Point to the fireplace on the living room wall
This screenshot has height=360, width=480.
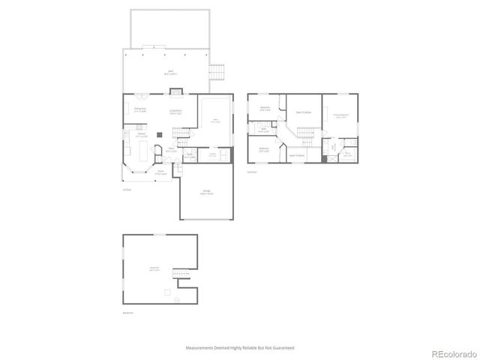click(176, 93)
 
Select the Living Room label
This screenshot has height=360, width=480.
click(176, 113)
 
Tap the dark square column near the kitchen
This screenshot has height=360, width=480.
click(159, 134)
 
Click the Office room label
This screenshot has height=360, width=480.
click(215, 121)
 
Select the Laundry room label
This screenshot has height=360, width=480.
click(212, 155)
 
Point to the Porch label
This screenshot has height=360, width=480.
click(160, 172)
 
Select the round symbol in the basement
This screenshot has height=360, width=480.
click(176, 299)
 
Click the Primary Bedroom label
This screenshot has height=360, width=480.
click(340, 115)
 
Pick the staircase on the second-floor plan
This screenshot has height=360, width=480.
click(304, 133)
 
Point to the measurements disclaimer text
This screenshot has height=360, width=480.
click(240, 348)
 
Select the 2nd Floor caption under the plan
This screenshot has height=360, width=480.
click(252, 172)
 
